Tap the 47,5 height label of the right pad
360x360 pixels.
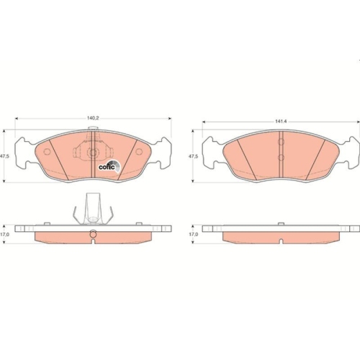click(192, 156)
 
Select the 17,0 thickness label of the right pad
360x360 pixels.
click(192, 234)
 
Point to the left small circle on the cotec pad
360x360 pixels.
click(48, 152)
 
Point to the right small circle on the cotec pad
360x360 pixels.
click(135, 152)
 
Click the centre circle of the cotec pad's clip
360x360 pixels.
click(93, 153)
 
